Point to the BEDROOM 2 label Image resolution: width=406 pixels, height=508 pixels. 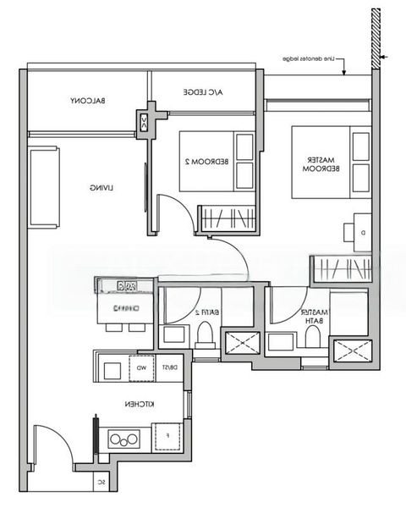point(197,161)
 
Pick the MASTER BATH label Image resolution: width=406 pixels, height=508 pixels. point(316,316)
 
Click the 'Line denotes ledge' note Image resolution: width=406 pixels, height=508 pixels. point(312,59)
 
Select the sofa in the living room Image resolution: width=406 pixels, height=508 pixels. point(44,187)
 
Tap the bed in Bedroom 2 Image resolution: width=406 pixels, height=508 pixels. point(217,162)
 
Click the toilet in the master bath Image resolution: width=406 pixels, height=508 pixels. point(312,338)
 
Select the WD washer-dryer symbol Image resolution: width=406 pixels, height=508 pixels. point(141,368)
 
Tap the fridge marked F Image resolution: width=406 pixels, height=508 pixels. point(168,437)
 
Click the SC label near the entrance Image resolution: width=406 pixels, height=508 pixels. point(101,482)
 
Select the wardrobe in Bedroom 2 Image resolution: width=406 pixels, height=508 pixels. point(226,217)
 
